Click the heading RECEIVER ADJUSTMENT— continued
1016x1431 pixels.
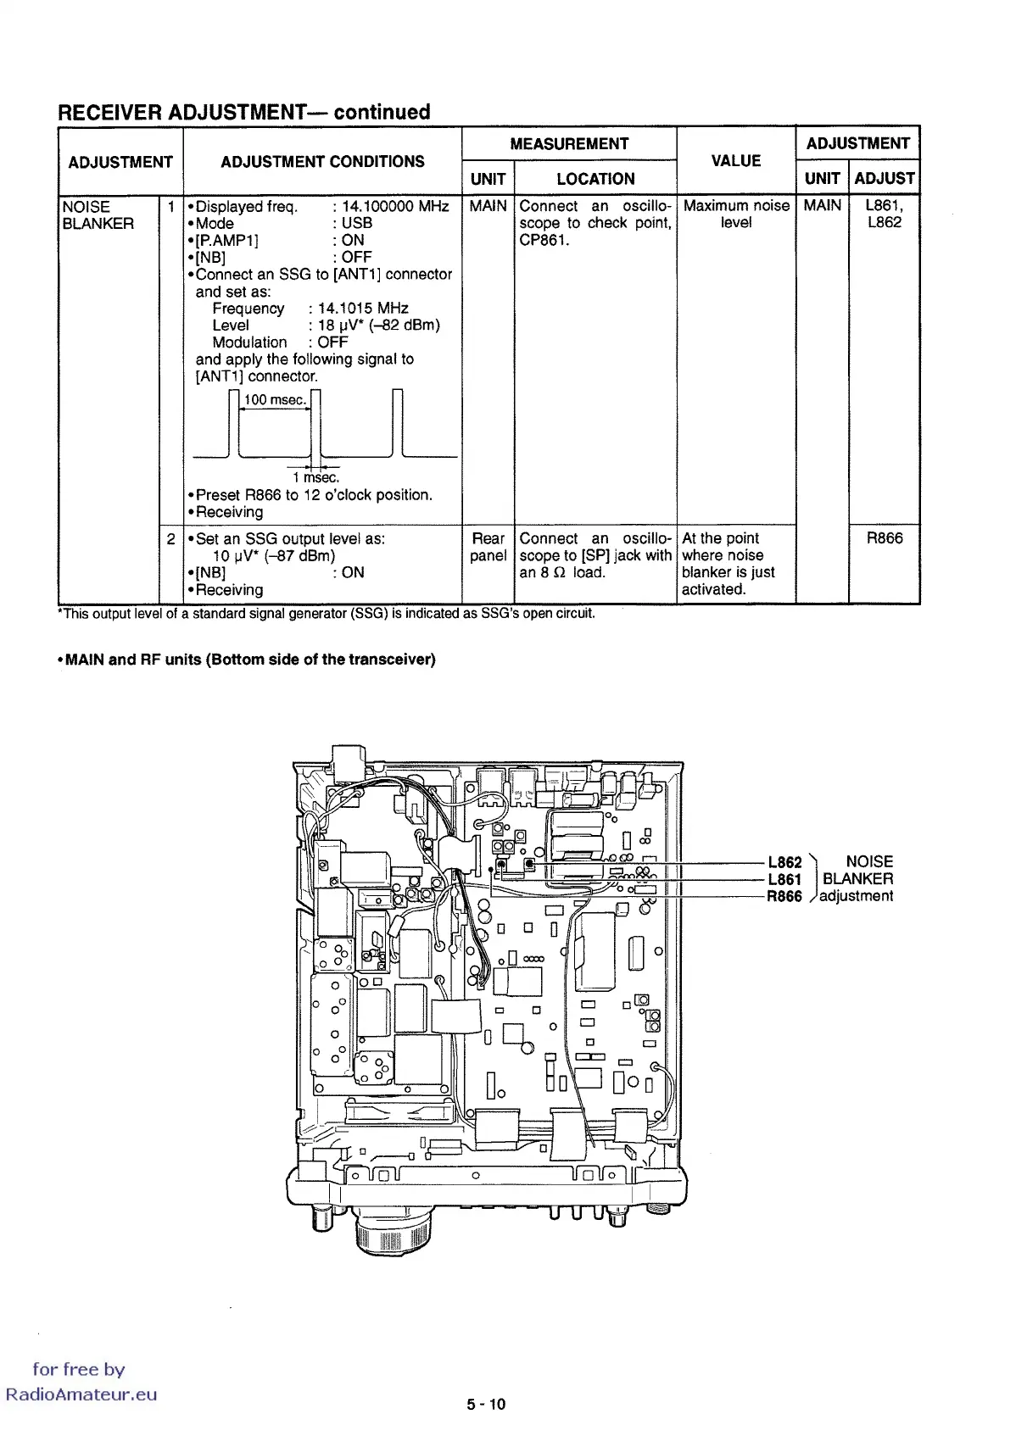(243, 112)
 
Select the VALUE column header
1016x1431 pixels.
(735, 161)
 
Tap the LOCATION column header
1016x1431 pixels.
(595, 179)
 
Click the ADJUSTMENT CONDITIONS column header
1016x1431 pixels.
(322, 162)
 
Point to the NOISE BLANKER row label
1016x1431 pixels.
(98, 215)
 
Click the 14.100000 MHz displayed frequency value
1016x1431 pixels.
(395, 207)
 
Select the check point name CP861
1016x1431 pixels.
(544, 240)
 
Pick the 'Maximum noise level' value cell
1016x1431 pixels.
(736, 214)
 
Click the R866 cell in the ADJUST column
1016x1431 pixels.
(885, 538)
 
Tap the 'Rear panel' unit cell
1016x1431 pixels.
(488, 547)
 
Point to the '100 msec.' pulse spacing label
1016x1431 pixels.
(274, 400)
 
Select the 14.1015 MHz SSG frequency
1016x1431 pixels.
(363, 309)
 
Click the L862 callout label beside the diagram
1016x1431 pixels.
(784, 862)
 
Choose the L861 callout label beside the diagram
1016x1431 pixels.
(784, 879)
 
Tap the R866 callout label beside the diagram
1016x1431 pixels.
(784, 896)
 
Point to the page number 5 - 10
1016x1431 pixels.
(485, 1404)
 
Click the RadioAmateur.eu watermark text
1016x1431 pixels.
(81, 1395)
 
